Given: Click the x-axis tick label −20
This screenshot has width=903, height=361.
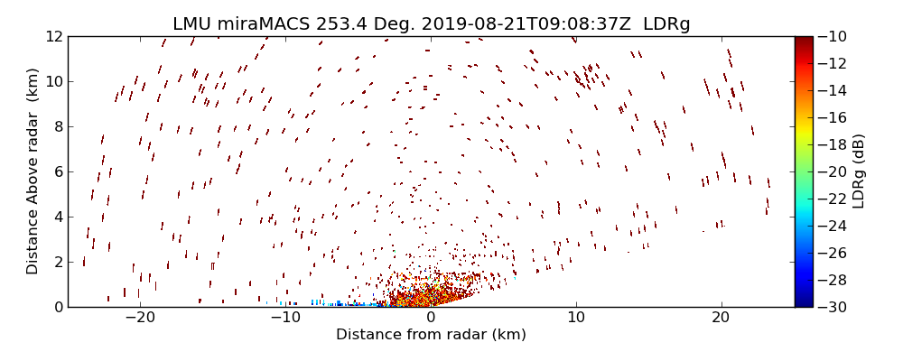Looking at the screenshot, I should (140, 318).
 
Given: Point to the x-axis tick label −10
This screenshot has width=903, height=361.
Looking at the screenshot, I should (285, 318).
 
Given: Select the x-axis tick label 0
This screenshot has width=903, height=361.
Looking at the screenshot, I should (431, 318).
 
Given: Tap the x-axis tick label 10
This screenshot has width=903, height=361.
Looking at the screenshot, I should (576, 318).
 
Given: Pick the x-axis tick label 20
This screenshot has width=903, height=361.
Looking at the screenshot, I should (721, 318).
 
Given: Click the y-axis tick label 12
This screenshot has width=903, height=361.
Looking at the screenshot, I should (52, 37).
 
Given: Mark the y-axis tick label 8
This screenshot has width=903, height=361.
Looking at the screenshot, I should (57, 127).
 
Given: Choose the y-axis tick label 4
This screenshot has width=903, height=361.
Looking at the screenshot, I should (57, 217).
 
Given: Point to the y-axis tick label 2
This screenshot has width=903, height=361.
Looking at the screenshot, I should (57, 262).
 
